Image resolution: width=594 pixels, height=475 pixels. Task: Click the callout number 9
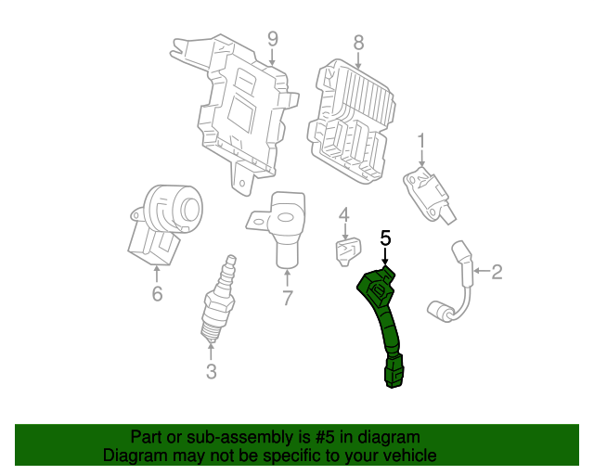point(272,38)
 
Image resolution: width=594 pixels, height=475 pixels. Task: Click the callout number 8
point(359,42)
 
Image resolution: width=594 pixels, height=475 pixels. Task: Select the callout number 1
point(420,140)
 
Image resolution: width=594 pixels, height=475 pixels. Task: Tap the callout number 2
point(497,272)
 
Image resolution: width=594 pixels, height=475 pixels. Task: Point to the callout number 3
point(211,372)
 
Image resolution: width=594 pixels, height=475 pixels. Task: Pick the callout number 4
point(344,217)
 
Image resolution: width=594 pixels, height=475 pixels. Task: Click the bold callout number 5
point(386,237)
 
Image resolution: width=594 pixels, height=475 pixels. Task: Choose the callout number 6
point(156,294)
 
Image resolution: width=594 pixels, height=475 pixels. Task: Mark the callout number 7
point(287,298)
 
